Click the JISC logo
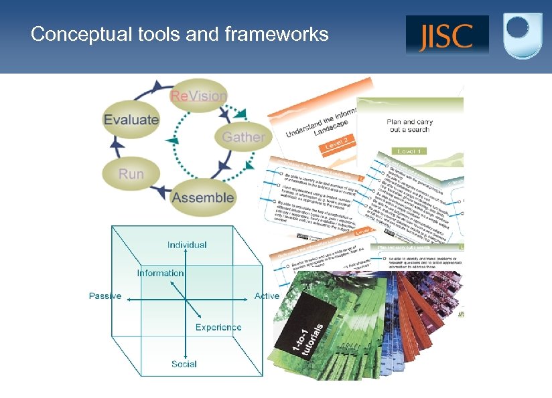tap(446, 35)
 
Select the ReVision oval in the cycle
tap(198, 96)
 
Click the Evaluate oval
tap(131, 120)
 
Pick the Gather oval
tap(243, 137)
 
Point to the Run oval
tap(131, 174)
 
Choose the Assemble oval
tap(203, 197)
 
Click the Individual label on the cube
tap(187, 245)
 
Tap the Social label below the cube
tap(184, 364)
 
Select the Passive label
tap(105, 296)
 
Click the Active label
tap(267, 296)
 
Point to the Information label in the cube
tap(160, 273)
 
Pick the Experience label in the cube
tap(218, 327)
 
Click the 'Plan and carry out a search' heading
tap(410, 127)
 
